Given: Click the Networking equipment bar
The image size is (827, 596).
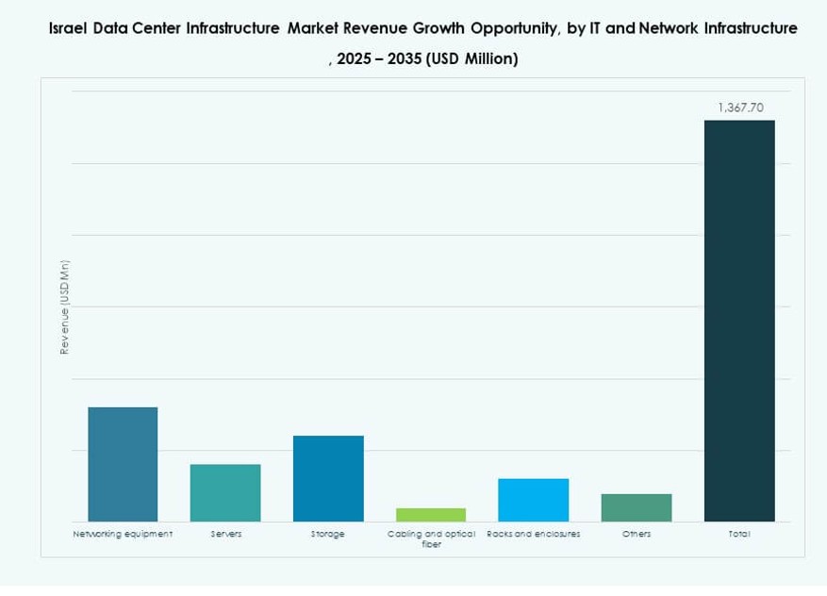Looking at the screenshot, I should [x=123, y=464].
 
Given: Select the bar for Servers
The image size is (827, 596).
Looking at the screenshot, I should [x=225, y=492].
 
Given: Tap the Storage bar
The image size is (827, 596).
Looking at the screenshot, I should [x=328, y=478].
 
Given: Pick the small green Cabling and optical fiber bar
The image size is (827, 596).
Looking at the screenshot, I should [x=431, y=515].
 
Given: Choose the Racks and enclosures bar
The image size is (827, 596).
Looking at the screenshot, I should [x=534, y=500].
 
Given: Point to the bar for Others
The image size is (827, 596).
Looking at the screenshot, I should [x=637, y=507].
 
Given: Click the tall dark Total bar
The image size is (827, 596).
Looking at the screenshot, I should [x=739, y=321].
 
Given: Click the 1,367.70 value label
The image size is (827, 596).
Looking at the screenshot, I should [x=739, y=108].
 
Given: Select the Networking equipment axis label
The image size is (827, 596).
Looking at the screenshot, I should [x=123, y=534].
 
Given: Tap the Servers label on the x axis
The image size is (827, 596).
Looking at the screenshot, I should [x=225, y=534].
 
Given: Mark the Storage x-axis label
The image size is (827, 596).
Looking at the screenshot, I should [x=328, y=534].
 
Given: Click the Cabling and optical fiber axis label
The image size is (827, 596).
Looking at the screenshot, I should [x=431, y=538].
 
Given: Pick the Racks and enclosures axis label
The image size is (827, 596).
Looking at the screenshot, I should [x=534, y=534].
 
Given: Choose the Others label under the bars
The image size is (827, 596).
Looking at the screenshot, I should [x=637, y=534].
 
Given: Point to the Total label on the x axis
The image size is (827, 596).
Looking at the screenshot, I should [x=739, y=534].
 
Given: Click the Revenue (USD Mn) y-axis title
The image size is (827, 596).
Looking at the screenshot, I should [x=65, y=306].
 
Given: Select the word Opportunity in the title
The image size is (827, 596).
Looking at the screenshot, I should [x=512, y=28].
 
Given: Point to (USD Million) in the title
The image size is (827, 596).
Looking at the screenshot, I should [x=471, y=58].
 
